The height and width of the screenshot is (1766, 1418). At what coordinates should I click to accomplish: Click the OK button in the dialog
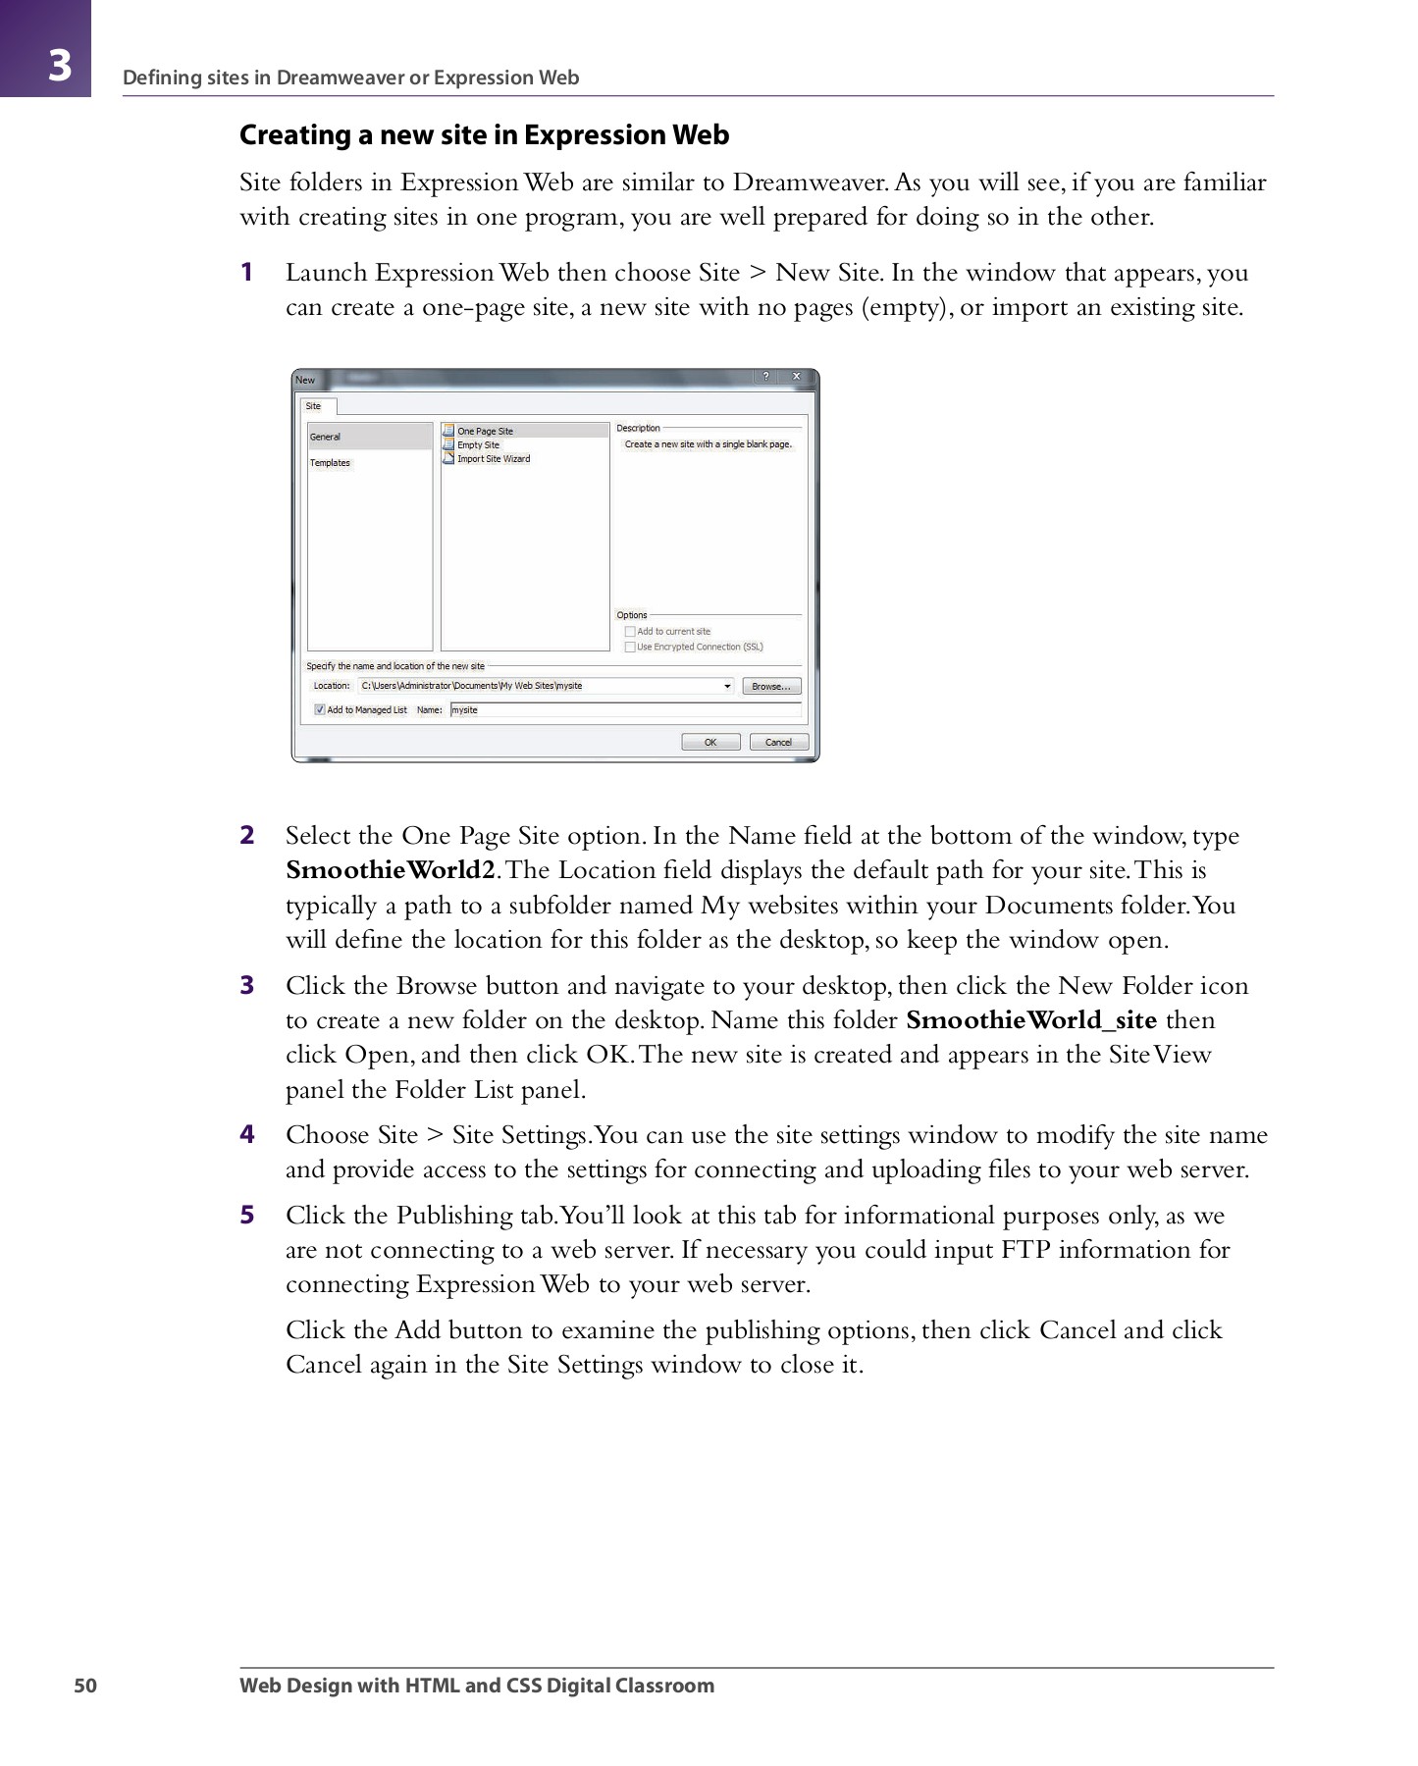click(710, 743)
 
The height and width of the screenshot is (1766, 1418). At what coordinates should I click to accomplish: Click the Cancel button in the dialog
click(778, 743)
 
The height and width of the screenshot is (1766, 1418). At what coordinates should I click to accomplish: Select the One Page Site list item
click(485, 431)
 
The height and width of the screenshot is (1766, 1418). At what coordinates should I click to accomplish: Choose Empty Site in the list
click(478, 444)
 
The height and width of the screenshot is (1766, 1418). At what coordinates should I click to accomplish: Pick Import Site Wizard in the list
click(493, 458)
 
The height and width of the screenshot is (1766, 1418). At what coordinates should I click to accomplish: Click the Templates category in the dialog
click(330, 463)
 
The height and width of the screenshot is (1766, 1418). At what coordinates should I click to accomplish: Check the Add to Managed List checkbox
click(320, 709)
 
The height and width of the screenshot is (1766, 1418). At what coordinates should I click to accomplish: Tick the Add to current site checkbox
click(630, 631)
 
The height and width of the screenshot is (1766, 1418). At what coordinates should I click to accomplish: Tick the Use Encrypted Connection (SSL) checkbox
click(630, 647)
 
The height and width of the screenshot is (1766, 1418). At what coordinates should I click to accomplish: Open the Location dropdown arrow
click(727, 686)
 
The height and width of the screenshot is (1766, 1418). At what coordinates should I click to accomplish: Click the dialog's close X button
click(797, 377)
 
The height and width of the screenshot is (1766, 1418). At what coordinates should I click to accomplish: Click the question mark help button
click(765, 377)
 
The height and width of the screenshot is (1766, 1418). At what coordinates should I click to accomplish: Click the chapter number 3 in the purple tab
click(59, 65)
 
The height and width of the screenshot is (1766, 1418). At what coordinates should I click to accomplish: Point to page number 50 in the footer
click(86, 1686)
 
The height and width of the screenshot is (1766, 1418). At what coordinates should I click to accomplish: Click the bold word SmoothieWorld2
click(390, 870)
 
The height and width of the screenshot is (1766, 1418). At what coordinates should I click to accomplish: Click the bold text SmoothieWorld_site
click(1031, 1020)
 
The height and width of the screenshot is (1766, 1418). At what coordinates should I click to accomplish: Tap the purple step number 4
click(247, 1134)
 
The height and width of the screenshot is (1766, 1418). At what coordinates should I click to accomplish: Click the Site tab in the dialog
click(314, 406)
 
